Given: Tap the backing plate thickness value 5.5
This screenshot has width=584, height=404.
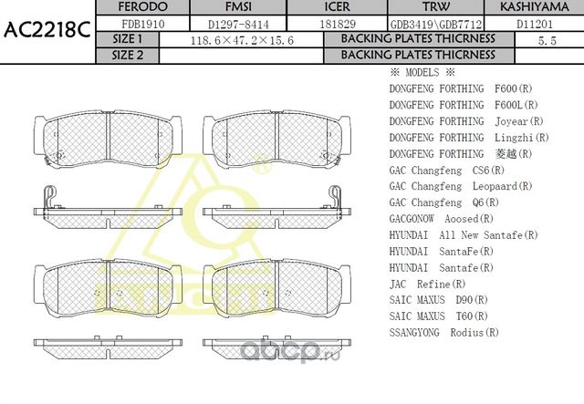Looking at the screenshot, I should (547, 40).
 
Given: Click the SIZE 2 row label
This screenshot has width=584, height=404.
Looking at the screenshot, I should (128, 55).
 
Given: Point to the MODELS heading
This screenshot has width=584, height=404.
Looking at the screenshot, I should (422, 72).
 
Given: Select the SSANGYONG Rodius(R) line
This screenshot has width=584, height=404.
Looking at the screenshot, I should (443, 333).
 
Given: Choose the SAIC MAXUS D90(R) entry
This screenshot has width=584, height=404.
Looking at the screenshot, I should (438, 300).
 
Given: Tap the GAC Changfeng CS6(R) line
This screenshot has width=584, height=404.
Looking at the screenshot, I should (447, 170).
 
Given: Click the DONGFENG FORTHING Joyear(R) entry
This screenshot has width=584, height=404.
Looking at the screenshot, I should (466, 121).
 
